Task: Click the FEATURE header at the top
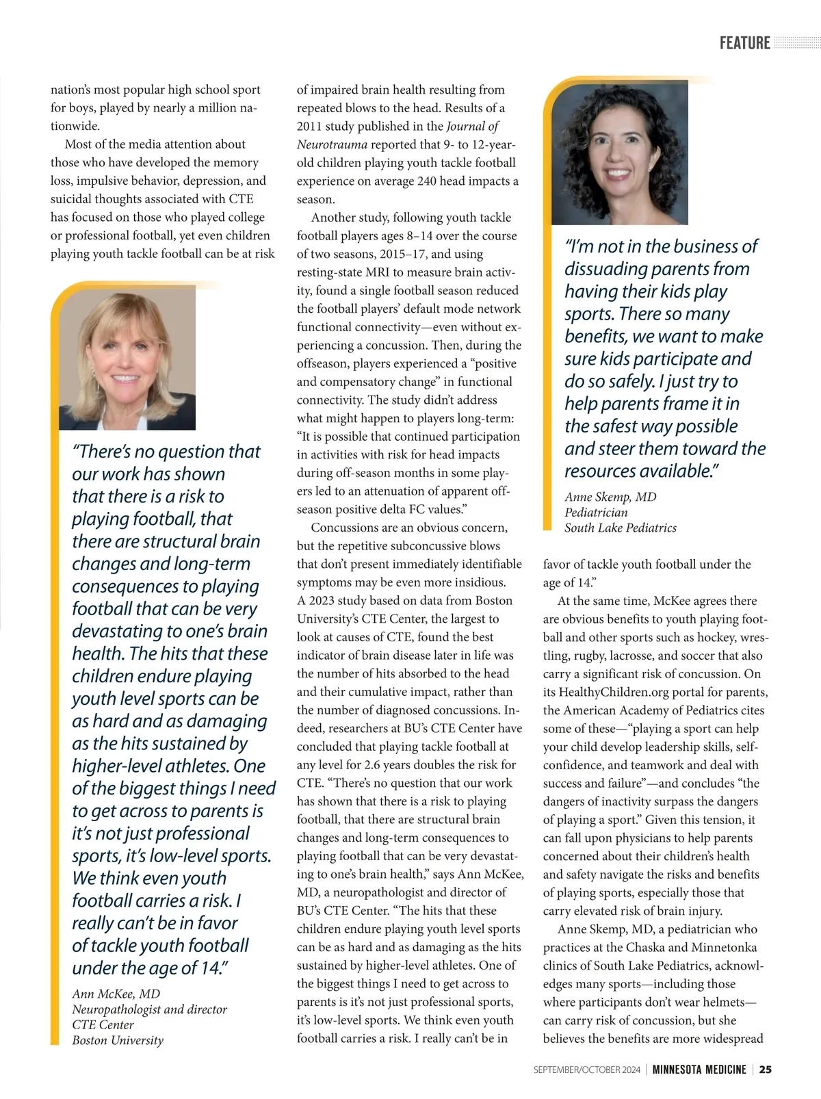click(744, 43)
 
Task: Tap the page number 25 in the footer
click(766, 1070)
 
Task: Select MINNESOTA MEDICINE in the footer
click(699, 1070)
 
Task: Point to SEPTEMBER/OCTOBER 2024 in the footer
click(586, 1070)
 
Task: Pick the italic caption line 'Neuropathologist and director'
click(149, 1009)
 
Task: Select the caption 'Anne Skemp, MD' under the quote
click(610, 497)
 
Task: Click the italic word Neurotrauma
click(332, 144)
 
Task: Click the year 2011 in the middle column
click(309, 127)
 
